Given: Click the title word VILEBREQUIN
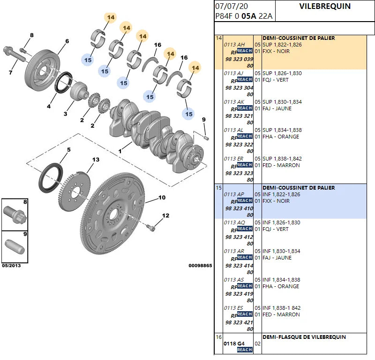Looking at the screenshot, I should [324, 7].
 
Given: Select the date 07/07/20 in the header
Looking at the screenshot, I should [232, 7].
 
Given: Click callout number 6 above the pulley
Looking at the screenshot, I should [67, 41].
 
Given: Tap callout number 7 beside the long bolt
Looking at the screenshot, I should [10, 72].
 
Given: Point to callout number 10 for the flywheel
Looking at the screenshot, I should [162, 198].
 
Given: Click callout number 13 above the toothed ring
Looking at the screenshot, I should [96, 160].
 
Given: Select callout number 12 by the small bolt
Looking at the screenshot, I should [165, 216].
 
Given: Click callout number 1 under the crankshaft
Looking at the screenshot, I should [120, 151].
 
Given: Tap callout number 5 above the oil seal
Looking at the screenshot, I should [68, 150].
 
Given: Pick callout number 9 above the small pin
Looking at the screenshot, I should [203, 120].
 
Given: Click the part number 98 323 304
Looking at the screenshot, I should [239, 88].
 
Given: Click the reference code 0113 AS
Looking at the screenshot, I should [234, 280].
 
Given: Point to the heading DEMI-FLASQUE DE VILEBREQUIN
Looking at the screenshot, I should [304, 337].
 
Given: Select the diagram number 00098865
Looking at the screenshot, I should [200, 266].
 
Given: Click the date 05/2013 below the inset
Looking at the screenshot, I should [11, 266].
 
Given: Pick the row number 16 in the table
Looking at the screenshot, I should [218, 337].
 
